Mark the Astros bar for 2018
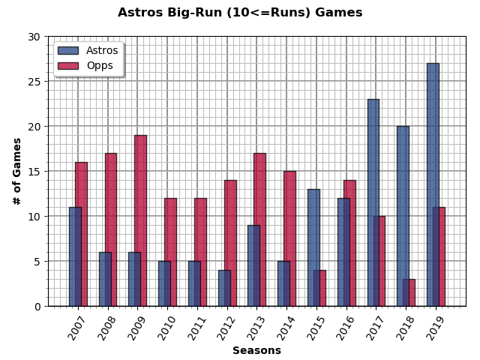tap(402, 216)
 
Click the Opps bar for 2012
tap(231, 243)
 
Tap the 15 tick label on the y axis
tap(34, 171)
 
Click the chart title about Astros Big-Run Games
tap(240, 13)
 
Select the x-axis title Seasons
tap(256, 350)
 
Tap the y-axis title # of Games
tap(16, 171)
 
